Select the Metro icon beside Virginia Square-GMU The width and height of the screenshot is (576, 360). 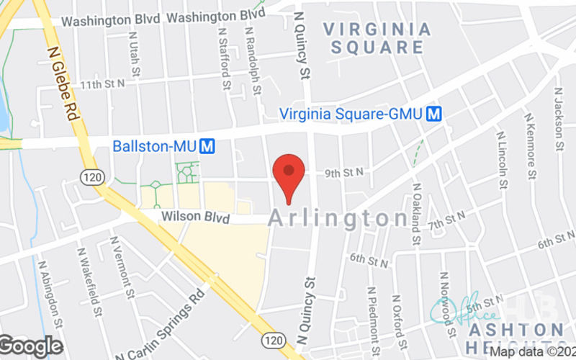[433, 114]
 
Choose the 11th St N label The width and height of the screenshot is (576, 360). [102, 84]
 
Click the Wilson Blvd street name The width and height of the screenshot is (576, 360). [185, 217]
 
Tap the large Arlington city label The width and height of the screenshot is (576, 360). [338, 219]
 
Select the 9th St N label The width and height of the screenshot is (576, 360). [343, 172]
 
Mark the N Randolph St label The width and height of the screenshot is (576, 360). [253, 61]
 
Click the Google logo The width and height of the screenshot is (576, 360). [32, 346]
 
